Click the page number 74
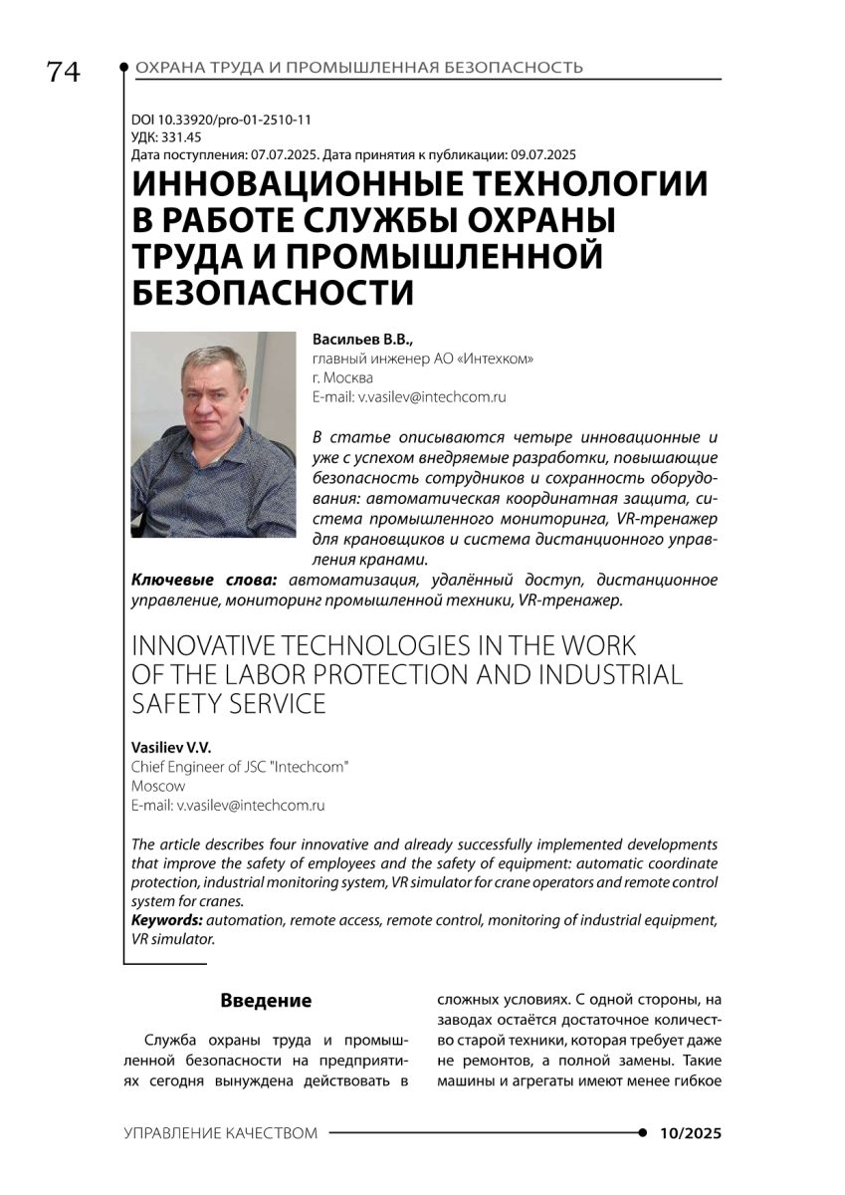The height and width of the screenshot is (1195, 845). click(63, 73)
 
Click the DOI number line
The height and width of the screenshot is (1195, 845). click(221, 120)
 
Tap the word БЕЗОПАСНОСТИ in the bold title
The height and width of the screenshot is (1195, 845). click(273, 293)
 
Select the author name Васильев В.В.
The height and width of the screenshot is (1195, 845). click(354, 340)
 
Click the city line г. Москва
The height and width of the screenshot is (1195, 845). click(342, 377)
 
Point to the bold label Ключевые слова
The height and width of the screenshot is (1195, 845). click(205, 580)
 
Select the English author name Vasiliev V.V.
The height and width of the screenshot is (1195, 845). click(172, 747)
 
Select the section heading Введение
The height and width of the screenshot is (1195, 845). click(266, 1001)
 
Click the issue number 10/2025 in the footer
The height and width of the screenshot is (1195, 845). click(690, 1134)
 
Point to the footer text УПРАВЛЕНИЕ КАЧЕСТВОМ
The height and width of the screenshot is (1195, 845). click(221, 1134)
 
